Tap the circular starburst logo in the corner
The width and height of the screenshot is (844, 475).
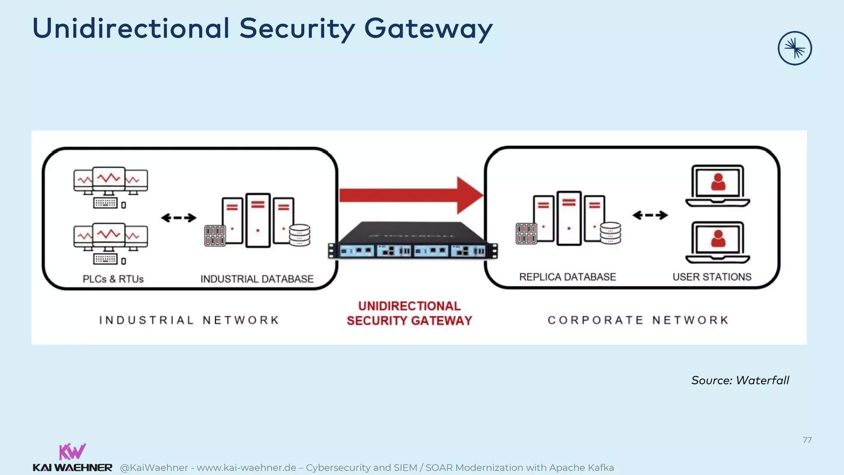(795, 48)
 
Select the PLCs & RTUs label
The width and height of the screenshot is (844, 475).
(113, 279)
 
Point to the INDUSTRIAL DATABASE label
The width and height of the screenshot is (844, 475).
(257, 279)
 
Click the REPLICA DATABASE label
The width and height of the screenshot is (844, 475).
(567, 277)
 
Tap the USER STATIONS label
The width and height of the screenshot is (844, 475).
(712, 277)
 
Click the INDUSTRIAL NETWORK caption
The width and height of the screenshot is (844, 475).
(189, 320)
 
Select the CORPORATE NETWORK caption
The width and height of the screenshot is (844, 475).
(638, 320)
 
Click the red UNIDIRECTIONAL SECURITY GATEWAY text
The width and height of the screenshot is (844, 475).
(409, 313)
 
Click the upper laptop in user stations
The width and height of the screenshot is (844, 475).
(717, 186)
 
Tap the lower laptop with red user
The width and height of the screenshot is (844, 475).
(717, 242)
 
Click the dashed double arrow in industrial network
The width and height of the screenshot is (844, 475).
(178, 218)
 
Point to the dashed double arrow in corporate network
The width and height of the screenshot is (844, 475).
(650, 215)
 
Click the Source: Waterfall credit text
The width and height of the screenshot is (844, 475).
(740, 380)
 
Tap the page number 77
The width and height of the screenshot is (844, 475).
(807, 440)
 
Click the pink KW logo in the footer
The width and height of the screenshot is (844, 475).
(72, 451)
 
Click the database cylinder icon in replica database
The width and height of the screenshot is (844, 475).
(610, 233)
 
